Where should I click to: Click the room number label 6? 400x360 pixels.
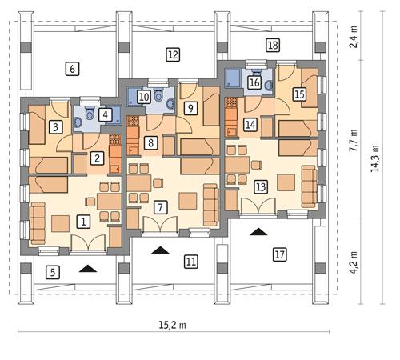click(72, 69)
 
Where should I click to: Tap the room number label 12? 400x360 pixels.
click(173, 54)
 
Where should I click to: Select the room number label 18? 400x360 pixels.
click(273, 45)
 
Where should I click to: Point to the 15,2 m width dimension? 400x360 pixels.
click(172, 326)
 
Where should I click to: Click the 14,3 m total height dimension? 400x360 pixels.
click(375, 158)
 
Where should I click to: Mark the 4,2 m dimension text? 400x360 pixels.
click(354, 262)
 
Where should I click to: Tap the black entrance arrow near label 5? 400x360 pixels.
click(88, 269)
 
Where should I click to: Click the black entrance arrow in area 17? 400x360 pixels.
click(258, 232)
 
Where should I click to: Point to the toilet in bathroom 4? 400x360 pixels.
click(90, 114)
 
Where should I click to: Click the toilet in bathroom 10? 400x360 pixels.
click(159, 94)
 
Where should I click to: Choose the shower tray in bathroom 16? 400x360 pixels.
click(233, 78)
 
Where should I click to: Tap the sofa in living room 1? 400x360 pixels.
click(38, 223)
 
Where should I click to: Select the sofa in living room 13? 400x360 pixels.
click(309, 186)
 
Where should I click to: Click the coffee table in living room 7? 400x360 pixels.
click(188, 201)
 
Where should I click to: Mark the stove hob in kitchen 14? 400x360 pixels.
click(231, 102)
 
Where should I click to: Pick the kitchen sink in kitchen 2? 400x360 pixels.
click(115, 169)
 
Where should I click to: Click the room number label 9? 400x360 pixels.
click(190, 108)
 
